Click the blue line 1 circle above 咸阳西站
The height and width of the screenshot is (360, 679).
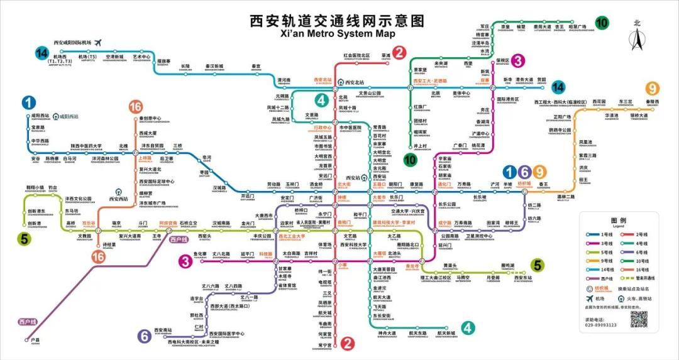(29, 102)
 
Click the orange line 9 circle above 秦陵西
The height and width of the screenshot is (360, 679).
(653, 89)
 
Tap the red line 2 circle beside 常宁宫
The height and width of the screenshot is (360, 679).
(346, 343)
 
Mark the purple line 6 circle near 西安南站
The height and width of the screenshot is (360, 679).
(145, 336)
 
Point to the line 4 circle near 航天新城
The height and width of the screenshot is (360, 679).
(468, 327)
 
